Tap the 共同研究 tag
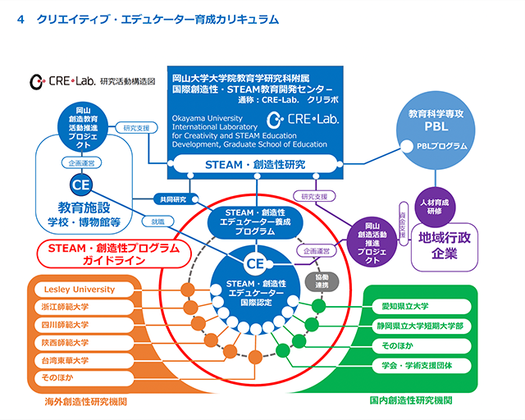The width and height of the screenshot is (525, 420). point(175,199)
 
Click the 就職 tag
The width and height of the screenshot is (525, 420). point(157,221)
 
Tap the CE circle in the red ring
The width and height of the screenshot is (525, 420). point(255,263)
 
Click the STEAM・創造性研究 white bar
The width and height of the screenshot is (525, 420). point(255,165)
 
